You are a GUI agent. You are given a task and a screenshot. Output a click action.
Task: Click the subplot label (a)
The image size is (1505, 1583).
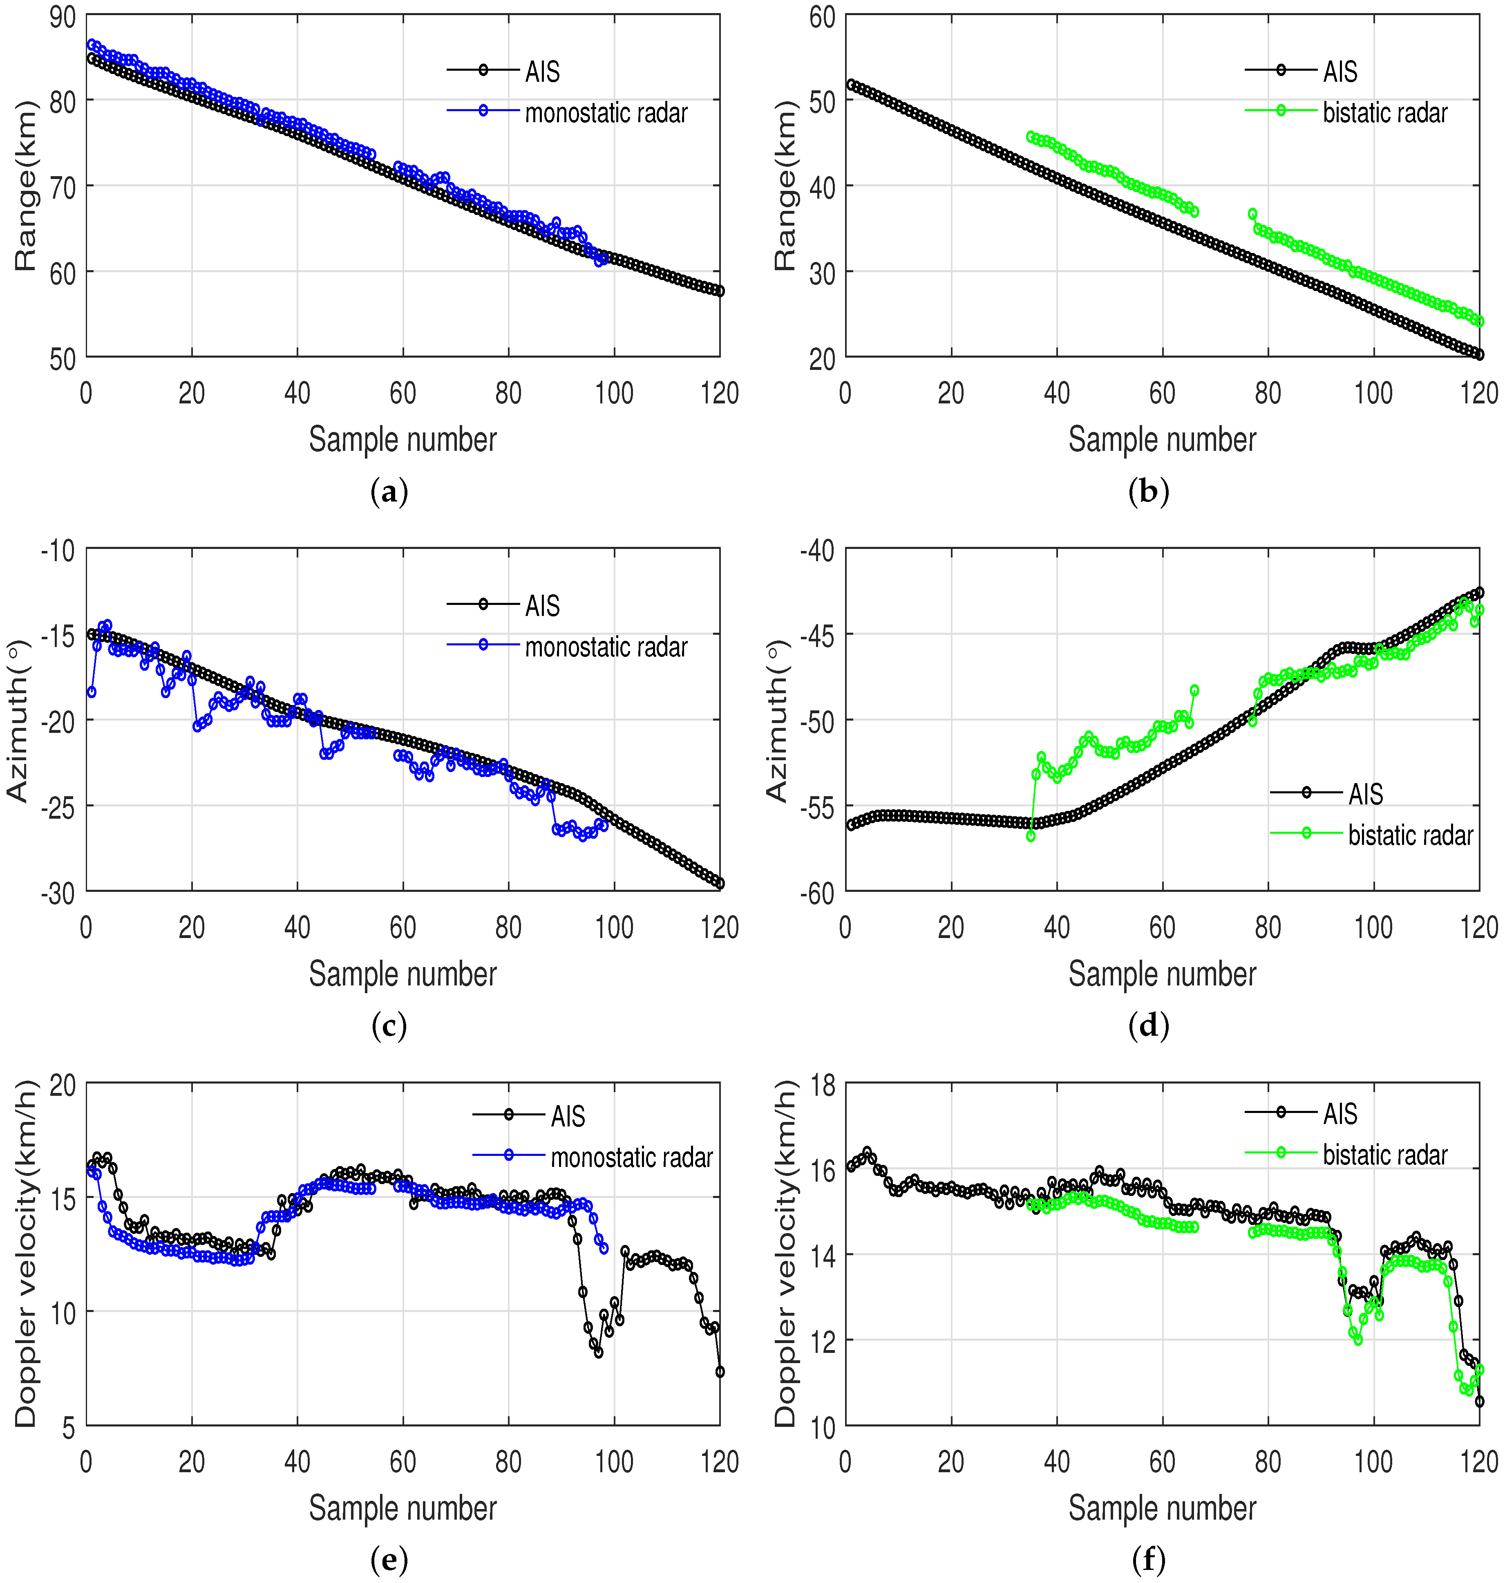point(390,491)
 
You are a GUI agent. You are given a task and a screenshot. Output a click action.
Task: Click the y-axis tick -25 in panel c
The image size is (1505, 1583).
point(58,806)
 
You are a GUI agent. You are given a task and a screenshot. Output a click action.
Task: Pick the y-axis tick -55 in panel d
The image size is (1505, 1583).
point(817,806)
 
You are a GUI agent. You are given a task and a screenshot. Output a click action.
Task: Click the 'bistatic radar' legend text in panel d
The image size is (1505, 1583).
point(1410,835)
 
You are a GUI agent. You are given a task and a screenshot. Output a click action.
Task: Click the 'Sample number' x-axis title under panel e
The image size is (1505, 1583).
point(403,1508)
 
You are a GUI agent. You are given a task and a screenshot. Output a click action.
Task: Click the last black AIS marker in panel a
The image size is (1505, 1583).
point(720,291)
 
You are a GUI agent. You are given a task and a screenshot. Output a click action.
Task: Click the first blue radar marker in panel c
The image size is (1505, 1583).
point(92,692)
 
